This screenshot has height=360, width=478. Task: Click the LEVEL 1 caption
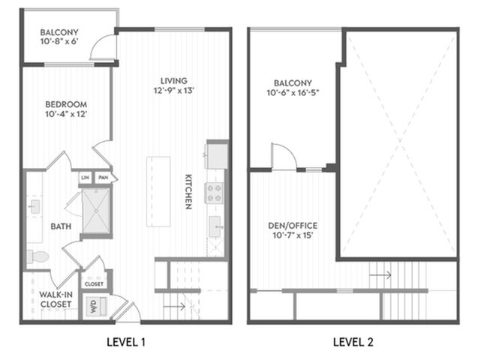pos(126,342)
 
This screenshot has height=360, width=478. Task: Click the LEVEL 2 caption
pos(353,342)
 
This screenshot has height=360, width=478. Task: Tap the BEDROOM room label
pos(66,104)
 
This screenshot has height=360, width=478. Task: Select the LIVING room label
pos(174,81)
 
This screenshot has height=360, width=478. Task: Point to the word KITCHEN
pos(188,192)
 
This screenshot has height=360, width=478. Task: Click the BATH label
pos(61,226)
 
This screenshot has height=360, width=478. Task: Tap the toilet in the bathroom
pos(38,256)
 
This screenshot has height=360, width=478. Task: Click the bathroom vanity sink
pos(35,207)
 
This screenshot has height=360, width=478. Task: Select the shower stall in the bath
pos(96,211)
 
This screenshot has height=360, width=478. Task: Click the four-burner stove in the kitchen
pos(214,193)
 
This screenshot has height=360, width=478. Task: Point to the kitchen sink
pos(215,226)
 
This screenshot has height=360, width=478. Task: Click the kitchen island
pos(158,191)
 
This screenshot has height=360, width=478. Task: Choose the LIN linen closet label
pos(86,178)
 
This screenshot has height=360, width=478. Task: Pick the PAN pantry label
pos(104,178)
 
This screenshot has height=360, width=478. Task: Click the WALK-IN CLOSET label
pos(56,299)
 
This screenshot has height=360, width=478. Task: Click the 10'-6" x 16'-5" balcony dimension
pos(293,92)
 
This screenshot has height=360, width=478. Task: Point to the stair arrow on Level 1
pos(174,306)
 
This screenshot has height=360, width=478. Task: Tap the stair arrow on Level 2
pos(380,275)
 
